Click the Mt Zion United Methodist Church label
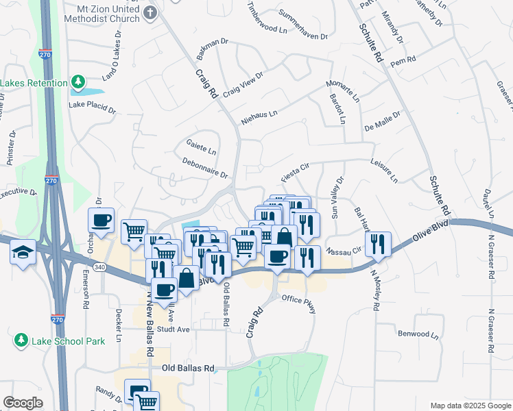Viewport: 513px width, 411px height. click(104, 14)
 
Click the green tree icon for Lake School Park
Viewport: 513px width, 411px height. click(21, 340)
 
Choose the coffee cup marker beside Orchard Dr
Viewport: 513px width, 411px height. click(101, 221)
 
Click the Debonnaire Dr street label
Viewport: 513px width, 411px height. click(205, 168)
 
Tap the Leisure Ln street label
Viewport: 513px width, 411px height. click(384, 173)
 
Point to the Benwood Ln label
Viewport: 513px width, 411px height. click(418, 334)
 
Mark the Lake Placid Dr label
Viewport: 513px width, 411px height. click(93, 108)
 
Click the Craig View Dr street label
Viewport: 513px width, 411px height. click(243, 85)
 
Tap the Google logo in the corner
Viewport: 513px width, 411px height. click(23, 403)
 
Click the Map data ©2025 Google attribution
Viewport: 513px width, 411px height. click(470, 406)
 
